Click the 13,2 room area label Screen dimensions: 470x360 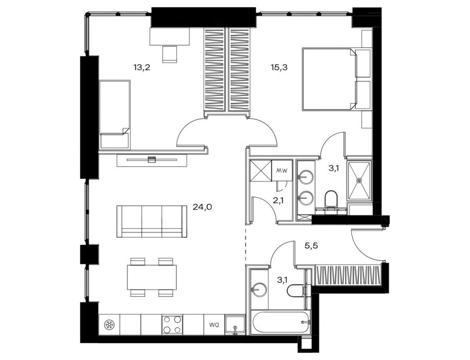[x=142, y=67]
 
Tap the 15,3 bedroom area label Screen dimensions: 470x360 [x=279, y=67]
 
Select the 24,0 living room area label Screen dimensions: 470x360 [x=202, y=207]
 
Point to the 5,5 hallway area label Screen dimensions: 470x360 [x=311, y=246]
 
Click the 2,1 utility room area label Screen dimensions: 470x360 [x=278, y=200]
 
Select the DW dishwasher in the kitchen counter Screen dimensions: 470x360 [x=214, y=325]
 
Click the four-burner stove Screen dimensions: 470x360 [x=172, y=325]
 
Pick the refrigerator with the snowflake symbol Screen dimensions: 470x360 [x=109, y=325]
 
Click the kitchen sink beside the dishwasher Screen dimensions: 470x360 [x=236, y=325]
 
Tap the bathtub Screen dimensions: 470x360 [x=280, y=322]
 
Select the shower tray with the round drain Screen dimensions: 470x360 [x=359, y=181]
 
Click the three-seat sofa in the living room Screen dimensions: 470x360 [x=151, y=222]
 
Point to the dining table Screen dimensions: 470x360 [x=151, y=278]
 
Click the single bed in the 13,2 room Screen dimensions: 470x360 [x=115, y=114]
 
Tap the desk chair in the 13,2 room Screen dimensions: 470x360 [x=170, y=54]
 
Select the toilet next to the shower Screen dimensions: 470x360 [x=331, y=199]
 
